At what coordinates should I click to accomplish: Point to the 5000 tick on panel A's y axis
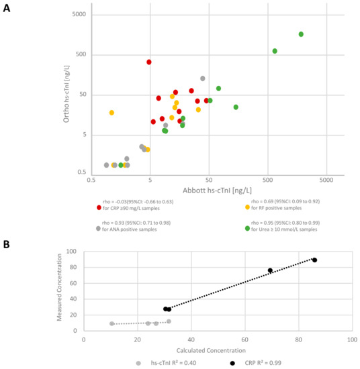pyautogui.click(x=79, y=15)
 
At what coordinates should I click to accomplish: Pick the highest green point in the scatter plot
pyautogui.click(x=301, y=34)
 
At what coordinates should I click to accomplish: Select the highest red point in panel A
pyautogui.click(x=149, y=62)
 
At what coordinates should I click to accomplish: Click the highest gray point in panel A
pyautogui.click(x=203, y=78)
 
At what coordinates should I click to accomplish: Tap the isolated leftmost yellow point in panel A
pyautogui.click(x=111, y=113)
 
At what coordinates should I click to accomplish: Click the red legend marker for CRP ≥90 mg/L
pyautogui.click(x=99, y=207)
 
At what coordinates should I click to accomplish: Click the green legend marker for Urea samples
pyautogui.click(x=247, y=228)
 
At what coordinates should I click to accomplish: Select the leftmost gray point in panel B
pyautogui.click(x=111, y=323)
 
